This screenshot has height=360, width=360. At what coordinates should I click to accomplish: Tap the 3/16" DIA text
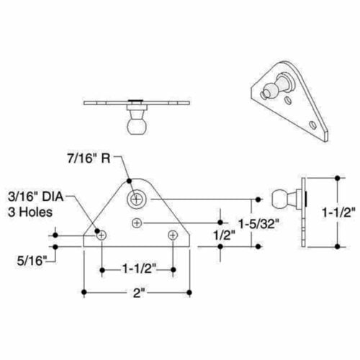click(33, 197)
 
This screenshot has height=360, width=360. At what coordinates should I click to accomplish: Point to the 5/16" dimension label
click(27, 256)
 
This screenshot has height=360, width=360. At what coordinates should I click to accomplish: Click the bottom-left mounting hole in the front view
click(102, 235)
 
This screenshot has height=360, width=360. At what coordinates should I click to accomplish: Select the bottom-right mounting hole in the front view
click(172, 235)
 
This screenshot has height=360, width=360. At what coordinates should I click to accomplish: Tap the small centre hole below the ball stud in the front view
click(138, 224)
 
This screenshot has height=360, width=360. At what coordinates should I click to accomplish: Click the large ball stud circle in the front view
click(137, 197)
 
